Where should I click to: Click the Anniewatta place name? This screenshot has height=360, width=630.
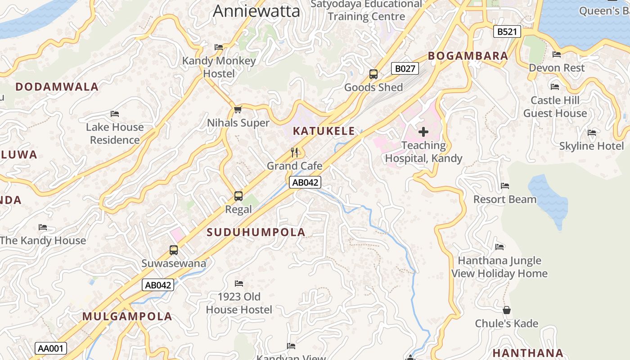(x=256, y=11)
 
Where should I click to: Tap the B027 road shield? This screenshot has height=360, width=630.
(x=405, y=68)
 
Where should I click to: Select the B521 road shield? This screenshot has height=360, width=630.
(x=507, y=31)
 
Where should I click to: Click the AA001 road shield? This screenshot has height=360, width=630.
(x=51, y=348)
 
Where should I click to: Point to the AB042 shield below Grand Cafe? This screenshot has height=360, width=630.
(x=305, y=182)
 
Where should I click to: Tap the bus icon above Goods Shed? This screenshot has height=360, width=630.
(x=373, y=74)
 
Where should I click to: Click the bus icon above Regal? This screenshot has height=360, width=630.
(x=238, y=196)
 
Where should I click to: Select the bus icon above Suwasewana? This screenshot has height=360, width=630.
(x=174, y=250)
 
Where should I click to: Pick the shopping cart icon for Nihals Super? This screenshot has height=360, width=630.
(x=238, y=109)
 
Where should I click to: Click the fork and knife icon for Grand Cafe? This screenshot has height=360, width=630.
(x=295, y=153)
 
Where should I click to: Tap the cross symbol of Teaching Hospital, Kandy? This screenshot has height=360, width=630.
(x=423, y=132)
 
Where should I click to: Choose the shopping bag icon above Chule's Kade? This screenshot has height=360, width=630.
(x=507, y=310)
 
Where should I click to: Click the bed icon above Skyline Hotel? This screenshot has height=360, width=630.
(x=592, y=133)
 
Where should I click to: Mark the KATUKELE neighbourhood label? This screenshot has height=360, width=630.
(x=324, y=131)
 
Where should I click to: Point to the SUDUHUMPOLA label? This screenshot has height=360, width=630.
(x=256, y=232)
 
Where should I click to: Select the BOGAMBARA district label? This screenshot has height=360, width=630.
(x=468, y=56)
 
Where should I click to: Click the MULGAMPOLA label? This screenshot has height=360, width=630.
(x=127, y=316)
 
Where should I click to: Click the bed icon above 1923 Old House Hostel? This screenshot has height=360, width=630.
(x=239, y=283)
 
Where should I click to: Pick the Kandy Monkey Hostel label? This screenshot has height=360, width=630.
(x=219, y=67)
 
